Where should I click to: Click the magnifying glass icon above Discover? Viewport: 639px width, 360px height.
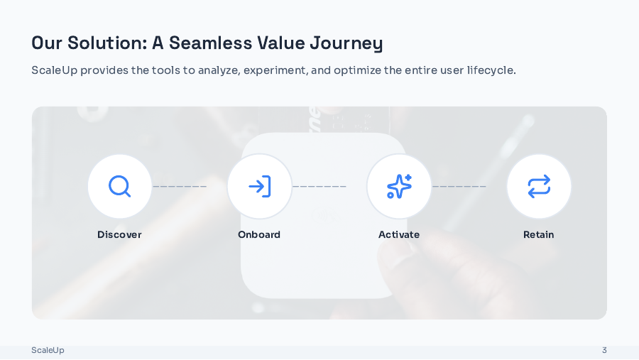click(119, 186)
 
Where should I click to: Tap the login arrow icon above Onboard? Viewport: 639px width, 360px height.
click(259, 186)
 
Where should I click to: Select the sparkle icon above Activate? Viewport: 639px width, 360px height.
click(399, 186)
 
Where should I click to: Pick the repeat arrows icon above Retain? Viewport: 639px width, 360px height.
click(539, 186)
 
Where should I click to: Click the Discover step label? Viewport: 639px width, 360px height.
click(119, 234)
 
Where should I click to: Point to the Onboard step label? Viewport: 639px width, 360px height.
click(259, 234)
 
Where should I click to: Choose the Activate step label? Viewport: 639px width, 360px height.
click(399, 234)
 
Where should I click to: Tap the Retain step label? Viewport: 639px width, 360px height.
click(539, 234)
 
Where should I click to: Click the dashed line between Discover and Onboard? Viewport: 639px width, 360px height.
click(180, 187)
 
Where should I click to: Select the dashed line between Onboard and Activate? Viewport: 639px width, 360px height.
click(319, 187)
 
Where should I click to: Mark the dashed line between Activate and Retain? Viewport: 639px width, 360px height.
click(459, 187)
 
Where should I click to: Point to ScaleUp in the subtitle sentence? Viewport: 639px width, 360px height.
click(54, 70)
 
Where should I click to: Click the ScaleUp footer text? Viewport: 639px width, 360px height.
click(48, 350)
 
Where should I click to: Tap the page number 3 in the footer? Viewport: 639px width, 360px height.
click(604, 350)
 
